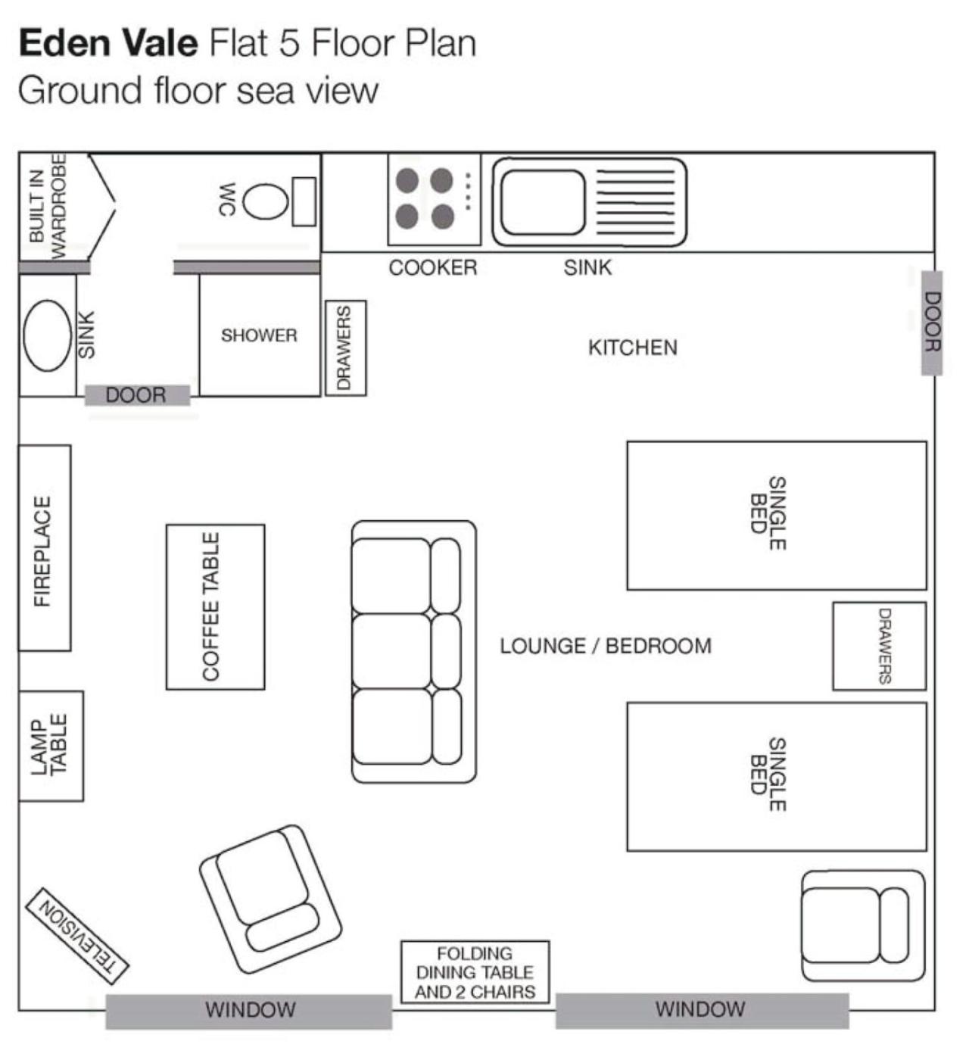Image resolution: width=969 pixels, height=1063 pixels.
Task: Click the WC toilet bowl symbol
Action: coord(265,202)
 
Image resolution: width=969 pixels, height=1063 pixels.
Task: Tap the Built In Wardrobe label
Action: coord(48,207)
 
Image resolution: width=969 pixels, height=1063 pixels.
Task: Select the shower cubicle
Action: coord(260,335)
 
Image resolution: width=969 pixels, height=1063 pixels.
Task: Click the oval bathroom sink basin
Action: coord(47,335)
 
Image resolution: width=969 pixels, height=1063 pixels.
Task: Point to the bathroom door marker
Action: coord(137,395)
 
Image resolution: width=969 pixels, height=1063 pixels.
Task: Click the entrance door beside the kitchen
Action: coord(931,323)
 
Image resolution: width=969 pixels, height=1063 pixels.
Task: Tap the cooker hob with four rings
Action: coord(434,199)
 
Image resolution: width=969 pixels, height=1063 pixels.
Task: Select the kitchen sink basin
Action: coord(543,202)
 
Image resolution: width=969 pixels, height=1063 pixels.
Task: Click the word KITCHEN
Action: coord(632,348)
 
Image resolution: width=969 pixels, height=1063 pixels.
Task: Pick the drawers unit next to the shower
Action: coord(346,348)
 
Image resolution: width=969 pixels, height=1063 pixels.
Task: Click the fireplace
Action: coord(45,548)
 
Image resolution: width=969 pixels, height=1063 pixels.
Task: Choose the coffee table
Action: coord(215,606)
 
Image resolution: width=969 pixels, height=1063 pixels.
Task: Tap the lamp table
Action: coord(51,746)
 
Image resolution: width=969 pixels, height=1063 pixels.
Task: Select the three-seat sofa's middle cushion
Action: coord(391,650)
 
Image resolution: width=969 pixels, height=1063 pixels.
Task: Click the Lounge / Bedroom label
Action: coord(606,646)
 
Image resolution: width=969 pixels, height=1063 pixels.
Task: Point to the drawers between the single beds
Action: coord(880,646)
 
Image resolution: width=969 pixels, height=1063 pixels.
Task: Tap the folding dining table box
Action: coord(475,972)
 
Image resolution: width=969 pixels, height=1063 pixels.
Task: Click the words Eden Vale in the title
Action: coord(109,43)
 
